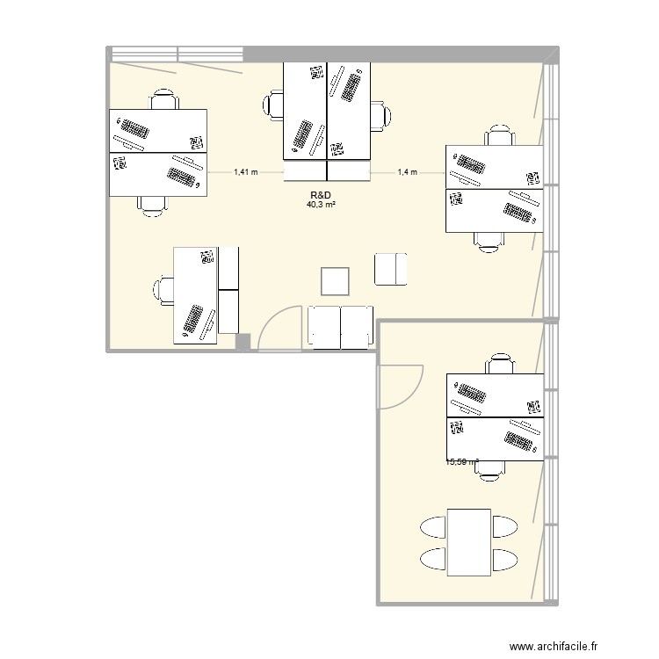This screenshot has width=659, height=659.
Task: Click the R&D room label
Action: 320,195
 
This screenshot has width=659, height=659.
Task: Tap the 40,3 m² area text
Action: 322,205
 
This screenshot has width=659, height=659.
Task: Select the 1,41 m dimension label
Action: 246,172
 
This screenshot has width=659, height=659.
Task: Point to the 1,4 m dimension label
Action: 407,172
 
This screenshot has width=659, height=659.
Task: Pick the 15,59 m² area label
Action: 462,462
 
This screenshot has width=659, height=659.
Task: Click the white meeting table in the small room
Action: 468,542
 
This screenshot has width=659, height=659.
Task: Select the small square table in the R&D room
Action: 336,281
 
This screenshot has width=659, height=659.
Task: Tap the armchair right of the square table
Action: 391,268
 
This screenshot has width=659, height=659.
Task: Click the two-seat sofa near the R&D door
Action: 341,326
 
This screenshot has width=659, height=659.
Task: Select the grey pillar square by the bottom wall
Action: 243,342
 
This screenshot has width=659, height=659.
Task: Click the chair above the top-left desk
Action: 163,98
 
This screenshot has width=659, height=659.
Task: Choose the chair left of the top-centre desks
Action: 272,108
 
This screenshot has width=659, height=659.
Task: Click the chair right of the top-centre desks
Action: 381,115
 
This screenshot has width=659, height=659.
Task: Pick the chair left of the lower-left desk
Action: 164,287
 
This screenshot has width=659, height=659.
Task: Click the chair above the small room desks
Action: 499,364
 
